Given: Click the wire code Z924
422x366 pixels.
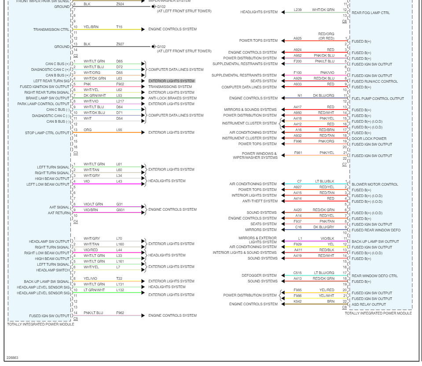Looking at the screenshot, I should tap(120, 4).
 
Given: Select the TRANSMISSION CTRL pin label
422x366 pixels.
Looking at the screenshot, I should tap(51, 29).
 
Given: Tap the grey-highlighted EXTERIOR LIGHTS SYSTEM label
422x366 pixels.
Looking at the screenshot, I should tap(171, 81).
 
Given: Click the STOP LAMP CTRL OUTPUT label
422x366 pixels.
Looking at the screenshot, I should tap(48, 132).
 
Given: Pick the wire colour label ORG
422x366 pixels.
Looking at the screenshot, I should tap(88, 130).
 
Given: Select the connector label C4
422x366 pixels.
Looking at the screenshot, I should tap(76, 221).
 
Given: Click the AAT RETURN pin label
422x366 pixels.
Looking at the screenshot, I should tap(59, 212).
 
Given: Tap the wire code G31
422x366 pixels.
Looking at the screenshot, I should tap(119, 204).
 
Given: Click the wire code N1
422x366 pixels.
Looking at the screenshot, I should tap(299, 95).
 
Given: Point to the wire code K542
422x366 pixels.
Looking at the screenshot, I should tap(298, 301).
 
